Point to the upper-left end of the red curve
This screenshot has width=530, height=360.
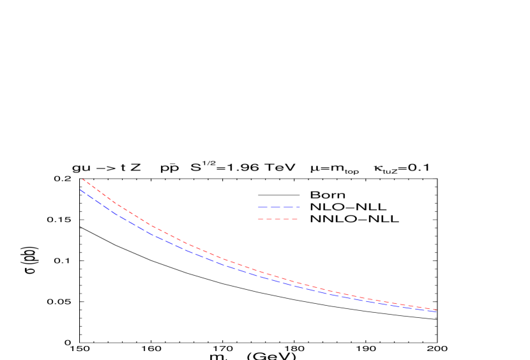[x=83, y=179]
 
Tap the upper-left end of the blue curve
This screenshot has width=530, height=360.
[x=80, y=189]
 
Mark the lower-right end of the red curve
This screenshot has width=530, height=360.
[x=436, y=310]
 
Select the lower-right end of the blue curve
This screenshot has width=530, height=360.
[x=436, y=311]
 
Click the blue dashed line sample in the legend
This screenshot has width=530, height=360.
[x=279, y=207]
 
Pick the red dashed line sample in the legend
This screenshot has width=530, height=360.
[x=278, y=219]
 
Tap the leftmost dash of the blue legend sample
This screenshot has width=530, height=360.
[x=262, y=207]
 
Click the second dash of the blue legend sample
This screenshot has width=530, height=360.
[x=275, y=207]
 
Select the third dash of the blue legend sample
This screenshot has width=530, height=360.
[x=288, y=207]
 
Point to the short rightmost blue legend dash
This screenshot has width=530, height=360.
[x=298, y=207]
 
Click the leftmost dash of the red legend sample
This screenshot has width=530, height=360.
[x=261, y=219]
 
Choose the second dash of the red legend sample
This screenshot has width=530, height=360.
[x=269, y=219]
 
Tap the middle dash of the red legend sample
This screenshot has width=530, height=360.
[x=277, y=219]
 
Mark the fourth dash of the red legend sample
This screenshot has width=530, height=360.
[x=286, y=219]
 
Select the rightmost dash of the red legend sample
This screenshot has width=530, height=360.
[x=294, y=219]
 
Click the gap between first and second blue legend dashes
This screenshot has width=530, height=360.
[x=269, y=207]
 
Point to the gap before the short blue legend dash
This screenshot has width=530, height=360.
[x=294, y=207]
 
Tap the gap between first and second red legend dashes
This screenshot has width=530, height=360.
[x=265, y=219]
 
